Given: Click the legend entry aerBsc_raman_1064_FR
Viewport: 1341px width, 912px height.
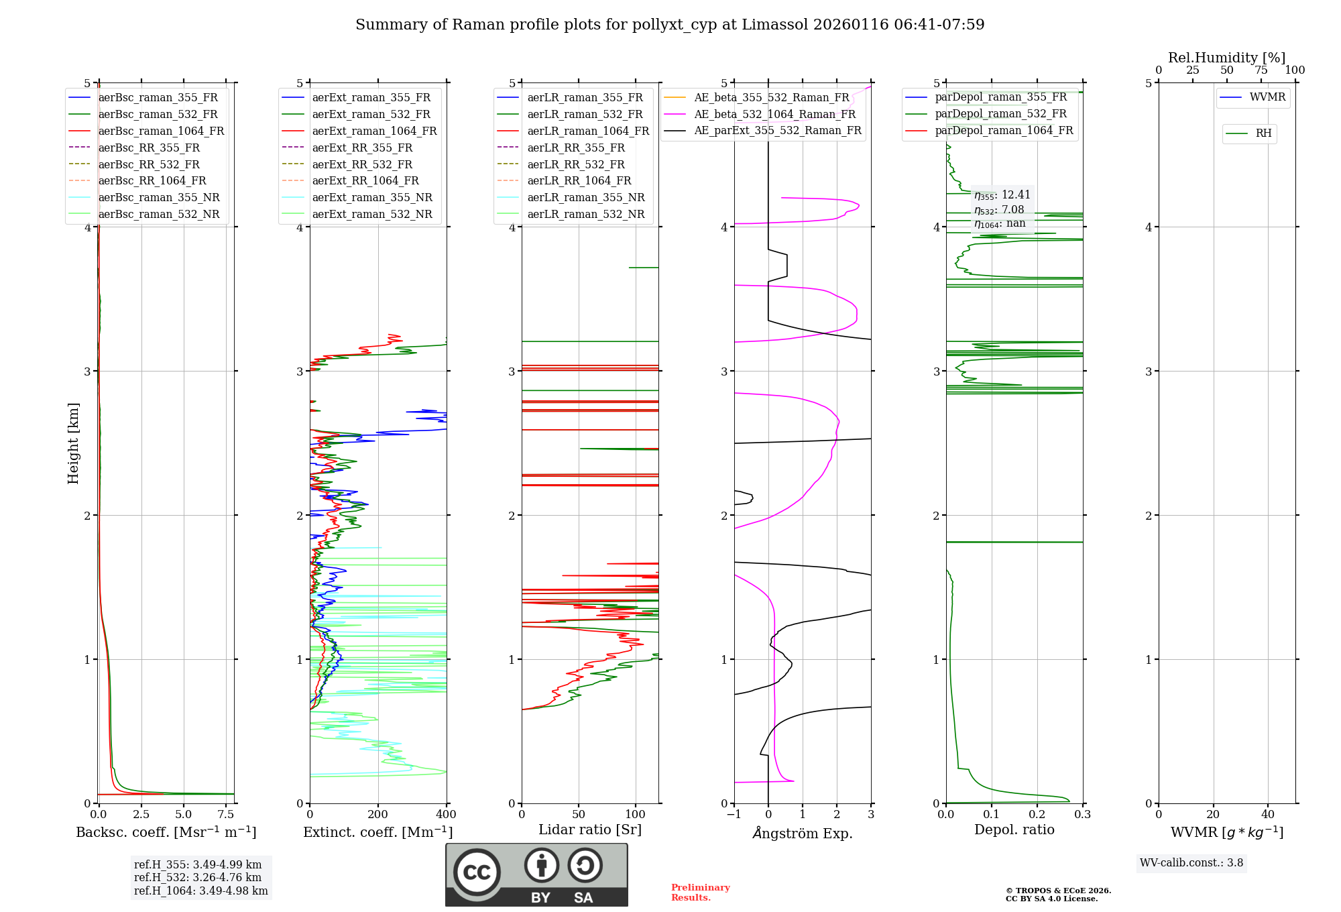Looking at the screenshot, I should tap(161, 131).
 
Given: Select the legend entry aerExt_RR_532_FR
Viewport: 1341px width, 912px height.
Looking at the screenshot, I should tap(362, 164).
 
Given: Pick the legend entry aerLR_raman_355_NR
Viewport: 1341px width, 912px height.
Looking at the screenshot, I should tap(585, 198).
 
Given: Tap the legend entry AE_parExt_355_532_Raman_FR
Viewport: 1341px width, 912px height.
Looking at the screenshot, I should tap(777, 131).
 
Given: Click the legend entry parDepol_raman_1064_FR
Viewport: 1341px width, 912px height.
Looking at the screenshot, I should tap(1004, 131).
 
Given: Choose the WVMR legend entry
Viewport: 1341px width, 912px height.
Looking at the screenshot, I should tap(1267, 98).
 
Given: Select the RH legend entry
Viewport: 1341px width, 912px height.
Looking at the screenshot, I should tap(1263, 133).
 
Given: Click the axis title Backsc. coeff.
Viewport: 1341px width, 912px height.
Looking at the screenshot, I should tap(166, 832).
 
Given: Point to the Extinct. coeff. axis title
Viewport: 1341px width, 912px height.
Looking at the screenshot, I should tap(377, 832).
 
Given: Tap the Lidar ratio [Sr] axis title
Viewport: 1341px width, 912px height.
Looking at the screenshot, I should tap(589, 830).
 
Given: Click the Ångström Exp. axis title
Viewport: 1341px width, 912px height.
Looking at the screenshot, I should tap(802, 833).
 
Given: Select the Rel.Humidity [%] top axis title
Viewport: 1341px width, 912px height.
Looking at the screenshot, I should tap(1226, 58).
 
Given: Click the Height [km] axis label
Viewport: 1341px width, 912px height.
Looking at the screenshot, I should tap(73, 443).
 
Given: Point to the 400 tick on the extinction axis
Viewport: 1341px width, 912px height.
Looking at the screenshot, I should tap(446, 815).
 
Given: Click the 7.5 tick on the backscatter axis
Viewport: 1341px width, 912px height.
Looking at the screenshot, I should tap(226, 815).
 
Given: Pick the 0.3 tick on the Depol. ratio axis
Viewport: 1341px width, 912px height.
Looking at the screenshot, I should tap(1082, 815).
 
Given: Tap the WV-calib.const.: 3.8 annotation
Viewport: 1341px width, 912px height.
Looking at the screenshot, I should tap(1191, 863).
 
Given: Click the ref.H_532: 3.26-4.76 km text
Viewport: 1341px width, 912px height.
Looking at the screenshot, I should tap(197, 878).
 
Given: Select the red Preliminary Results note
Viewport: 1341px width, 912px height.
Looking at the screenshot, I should tap(700, 893).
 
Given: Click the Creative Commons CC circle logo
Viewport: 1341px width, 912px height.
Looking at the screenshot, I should tap(477, 872).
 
